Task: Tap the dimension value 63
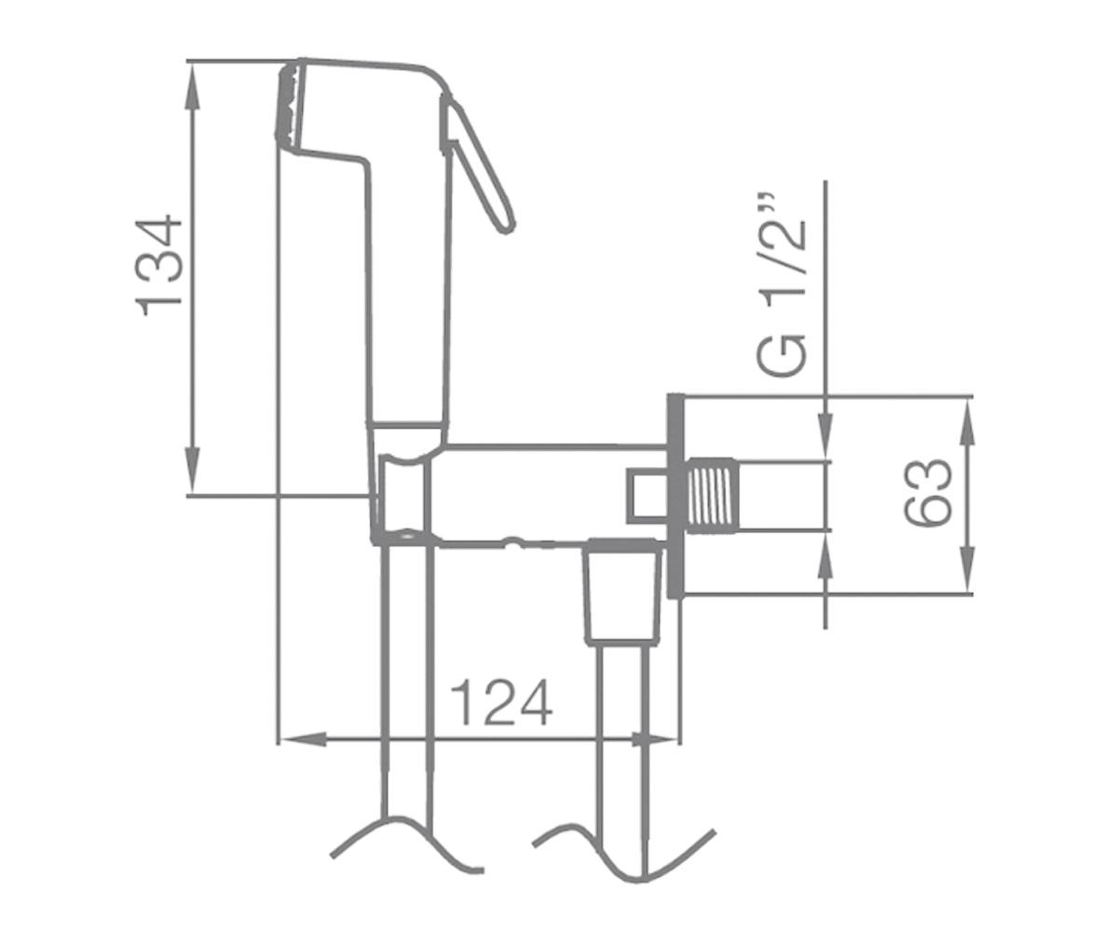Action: pyautogui.click(x=927, y=492)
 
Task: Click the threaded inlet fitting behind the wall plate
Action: pyautogui.click(x=712, y=496)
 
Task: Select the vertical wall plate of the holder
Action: pyautogui.click(x=675, y=496)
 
